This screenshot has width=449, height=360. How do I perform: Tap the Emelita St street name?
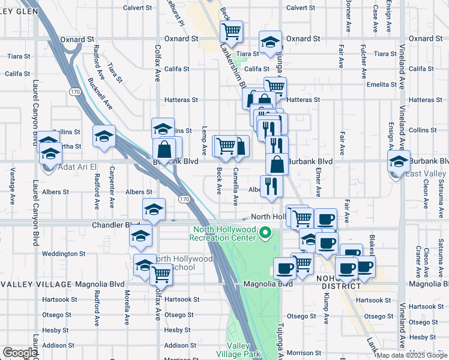(x=379, y=85)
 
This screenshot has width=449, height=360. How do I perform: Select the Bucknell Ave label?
(x=100, y=93)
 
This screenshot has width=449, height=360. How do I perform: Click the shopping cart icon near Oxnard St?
(x=232, y=31)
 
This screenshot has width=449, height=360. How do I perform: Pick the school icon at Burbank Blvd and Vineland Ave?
(x=398, y=161)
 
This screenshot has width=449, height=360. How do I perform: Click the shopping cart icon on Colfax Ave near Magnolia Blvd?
(x=161, y=274)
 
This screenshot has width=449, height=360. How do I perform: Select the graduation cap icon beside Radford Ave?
(x=104, y=136)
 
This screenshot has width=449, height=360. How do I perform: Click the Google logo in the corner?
(x=20, y=353)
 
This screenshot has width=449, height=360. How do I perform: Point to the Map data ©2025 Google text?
(x=412, y=355)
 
